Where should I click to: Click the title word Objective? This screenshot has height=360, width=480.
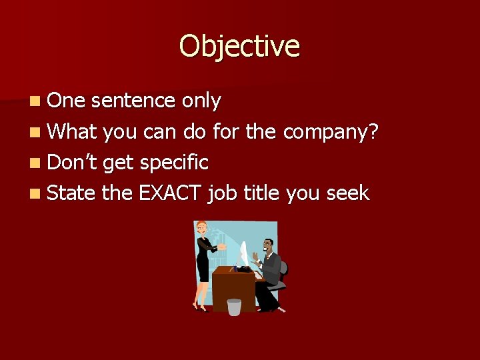239,47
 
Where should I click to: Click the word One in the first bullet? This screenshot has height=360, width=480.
67,101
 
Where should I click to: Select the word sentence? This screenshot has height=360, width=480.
133,101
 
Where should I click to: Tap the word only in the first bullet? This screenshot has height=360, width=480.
201,101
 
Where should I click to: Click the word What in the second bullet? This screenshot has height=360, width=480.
73,131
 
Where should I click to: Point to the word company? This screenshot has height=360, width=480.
331,133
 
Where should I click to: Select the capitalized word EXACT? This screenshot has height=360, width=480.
170,193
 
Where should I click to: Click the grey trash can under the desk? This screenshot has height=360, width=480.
234,307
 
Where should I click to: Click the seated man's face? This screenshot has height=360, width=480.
267,245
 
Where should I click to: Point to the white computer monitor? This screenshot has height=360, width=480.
244,255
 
